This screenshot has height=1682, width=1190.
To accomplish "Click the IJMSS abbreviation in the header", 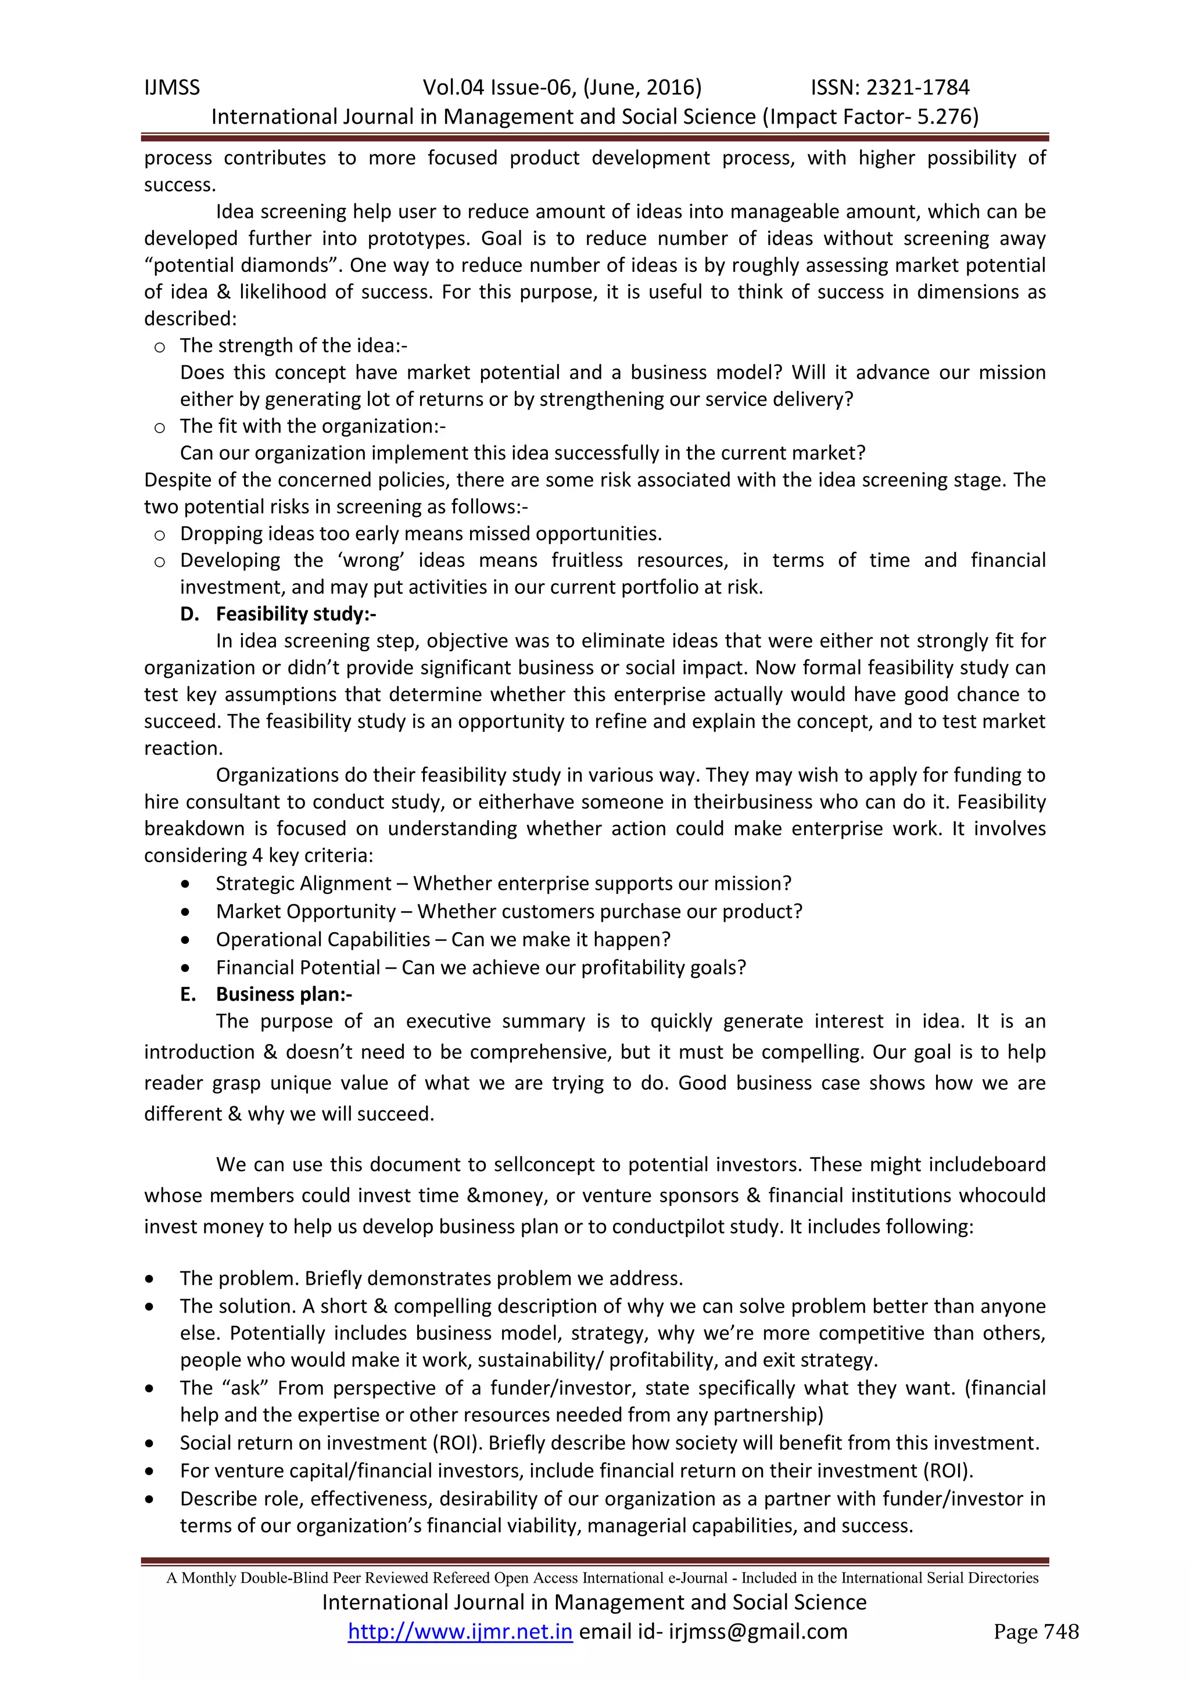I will (171, 88).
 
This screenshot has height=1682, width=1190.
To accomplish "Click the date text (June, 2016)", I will (643, 88).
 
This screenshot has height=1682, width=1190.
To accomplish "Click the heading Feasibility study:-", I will (295, 614).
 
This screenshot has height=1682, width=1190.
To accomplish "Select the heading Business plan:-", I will (284, 994).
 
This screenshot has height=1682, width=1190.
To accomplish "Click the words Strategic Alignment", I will (303, 883).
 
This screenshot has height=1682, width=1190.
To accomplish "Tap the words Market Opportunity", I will (306, 911).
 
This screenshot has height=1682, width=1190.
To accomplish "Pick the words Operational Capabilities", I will (322, 939).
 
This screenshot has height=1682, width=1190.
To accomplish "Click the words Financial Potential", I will (297, 968).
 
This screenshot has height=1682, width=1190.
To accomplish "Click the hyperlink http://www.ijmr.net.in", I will (460, 1631).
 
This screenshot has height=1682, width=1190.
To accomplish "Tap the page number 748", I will (1060, 1631).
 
